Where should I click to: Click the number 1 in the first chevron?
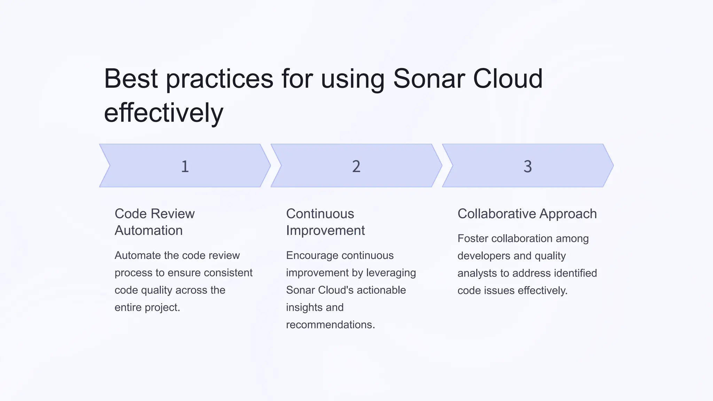pyautogui.click(x=185, y=166)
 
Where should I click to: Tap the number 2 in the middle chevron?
pyautogui.click(x=356, y=166)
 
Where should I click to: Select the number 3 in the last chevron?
pyautogui.click(x=527, y=166)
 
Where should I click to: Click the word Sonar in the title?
pyautogui.click(x=429, y=79)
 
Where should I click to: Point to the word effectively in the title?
pyautogui.click(x=163, y=113)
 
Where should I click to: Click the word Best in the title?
pyautogui.click(x=131, y=79)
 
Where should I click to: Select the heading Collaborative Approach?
pyautogui.click(x=527, y=214)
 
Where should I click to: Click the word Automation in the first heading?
pyautogui.click(x=149, y=230)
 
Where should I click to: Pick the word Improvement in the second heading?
pyautogui.click(x=325, y=230)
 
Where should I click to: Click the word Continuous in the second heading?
pyautogui.click(x=320, y=214)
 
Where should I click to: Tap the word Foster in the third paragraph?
pyautogui.click(x=472, y=238)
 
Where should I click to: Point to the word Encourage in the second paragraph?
pyautogui.click(x=310, y=255)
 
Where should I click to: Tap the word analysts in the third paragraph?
pyautogui.click(x=477, y=273)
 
